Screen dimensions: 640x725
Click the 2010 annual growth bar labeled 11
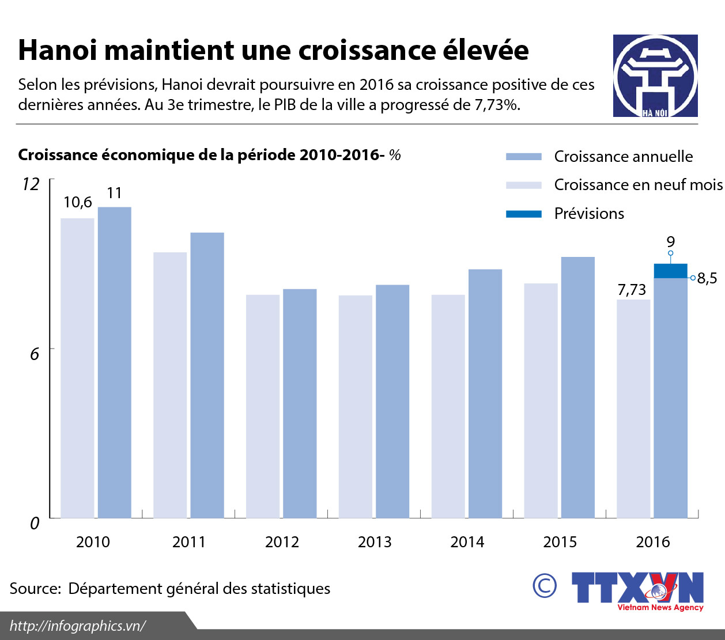coord(114,362)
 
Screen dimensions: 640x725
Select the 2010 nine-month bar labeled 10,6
coord(77,368)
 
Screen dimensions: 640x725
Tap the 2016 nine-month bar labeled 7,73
coord(633,408)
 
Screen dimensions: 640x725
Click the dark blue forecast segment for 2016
coord(670,271)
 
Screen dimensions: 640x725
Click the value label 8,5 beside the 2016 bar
coord(707,279)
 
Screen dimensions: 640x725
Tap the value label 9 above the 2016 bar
coord(670,242)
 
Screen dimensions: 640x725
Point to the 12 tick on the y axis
coord(31,184)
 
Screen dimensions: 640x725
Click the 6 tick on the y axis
coord(35,353)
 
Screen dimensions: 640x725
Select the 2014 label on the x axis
coord(467,542)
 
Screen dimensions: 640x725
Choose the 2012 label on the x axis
coord(282,542)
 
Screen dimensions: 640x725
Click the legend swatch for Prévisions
coord(523,214)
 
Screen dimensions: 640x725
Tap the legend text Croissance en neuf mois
coord(638,185)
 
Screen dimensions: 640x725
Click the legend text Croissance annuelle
coord(623,157)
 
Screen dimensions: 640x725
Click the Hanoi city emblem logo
coord(655,76)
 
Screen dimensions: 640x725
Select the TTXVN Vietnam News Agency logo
coord(637,590)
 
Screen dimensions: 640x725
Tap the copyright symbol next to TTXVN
coord(545,586)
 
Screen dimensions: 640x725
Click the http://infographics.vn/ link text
coord(78,626)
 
